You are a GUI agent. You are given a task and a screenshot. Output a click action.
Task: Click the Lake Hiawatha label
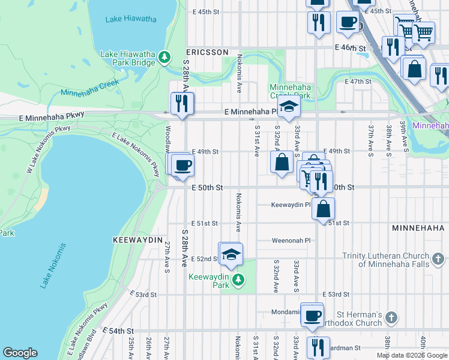131,19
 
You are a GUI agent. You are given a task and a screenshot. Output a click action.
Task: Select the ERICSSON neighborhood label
207,52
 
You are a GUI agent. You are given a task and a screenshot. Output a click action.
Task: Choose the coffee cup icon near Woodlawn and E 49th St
183,165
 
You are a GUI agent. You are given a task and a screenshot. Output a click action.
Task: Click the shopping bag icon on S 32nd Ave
282,161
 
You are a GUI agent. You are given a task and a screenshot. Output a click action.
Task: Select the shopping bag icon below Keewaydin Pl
323,209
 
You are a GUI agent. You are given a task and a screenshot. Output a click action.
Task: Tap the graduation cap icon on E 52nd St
231,254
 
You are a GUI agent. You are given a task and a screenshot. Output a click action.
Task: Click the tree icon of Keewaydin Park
238,280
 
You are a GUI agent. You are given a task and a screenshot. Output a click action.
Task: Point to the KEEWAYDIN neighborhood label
137,239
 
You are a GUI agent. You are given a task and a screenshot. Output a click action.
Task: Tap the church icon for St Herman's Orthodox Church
391,317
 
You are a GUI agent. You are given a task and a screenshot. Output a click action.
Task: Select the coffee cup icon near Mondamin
312,315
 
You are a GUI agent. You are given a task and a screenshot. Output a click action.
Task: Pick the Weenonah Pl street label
291,241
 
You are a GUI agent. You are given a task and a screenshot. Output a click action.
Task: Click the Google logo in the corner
20,353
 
